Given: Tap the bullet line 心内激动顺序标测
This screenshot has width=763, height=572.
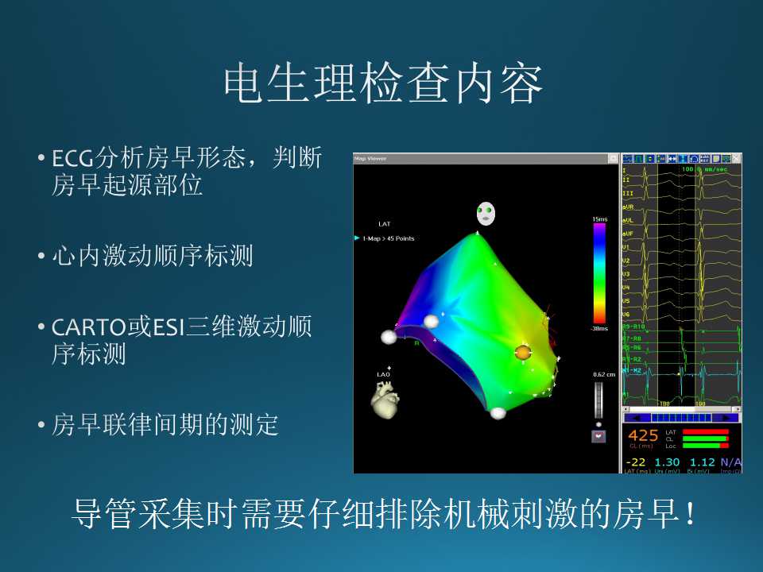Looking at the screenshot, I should pos(153,257).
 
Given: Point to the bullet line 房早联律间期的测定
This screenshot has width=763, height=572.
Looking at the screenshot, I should pos(165,425).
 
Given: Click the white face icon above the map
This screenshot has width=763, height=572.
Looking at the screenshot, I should pos(486,213).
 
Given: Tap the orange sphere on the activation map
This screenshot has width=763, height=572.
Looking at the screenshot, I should pos(522,352).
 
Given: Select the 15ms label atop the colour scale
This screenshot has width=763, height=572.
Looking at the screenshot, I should pos(599,218).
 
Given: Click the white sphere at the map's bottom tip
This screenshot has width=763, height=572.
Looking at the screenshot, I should pos(498,413).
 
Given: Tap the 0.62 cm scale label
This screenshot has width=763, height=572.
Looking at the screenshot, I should pos(603,374).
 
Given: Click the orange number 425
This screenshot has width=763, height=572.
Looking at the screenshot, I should pos(643,435).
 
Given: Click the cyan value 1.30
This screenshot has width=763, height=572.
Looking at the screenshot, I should pos(668,462).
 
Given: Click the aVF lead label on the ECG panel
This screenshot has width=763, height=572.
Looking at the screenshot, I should pos(627,234).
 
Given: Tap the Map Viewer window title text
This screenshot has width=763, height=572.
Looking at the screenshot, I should pos(370,158).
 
